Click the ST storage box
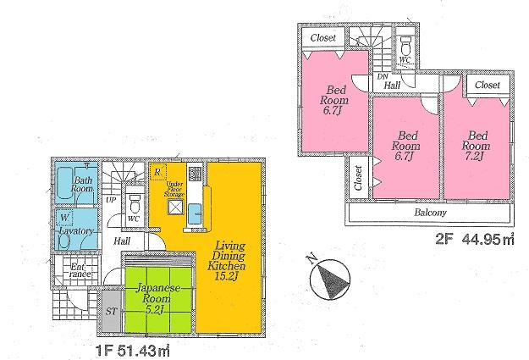point(111,311)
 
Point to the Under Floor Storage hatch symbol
point(174,206)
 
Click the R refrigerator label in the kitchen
point(158,173)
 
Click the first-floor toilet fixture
point(134,204)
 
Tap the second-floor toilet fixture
point(405,48)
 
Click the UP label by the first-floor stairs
point(112,201)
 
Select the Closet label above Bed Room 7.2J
point(488,86)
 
